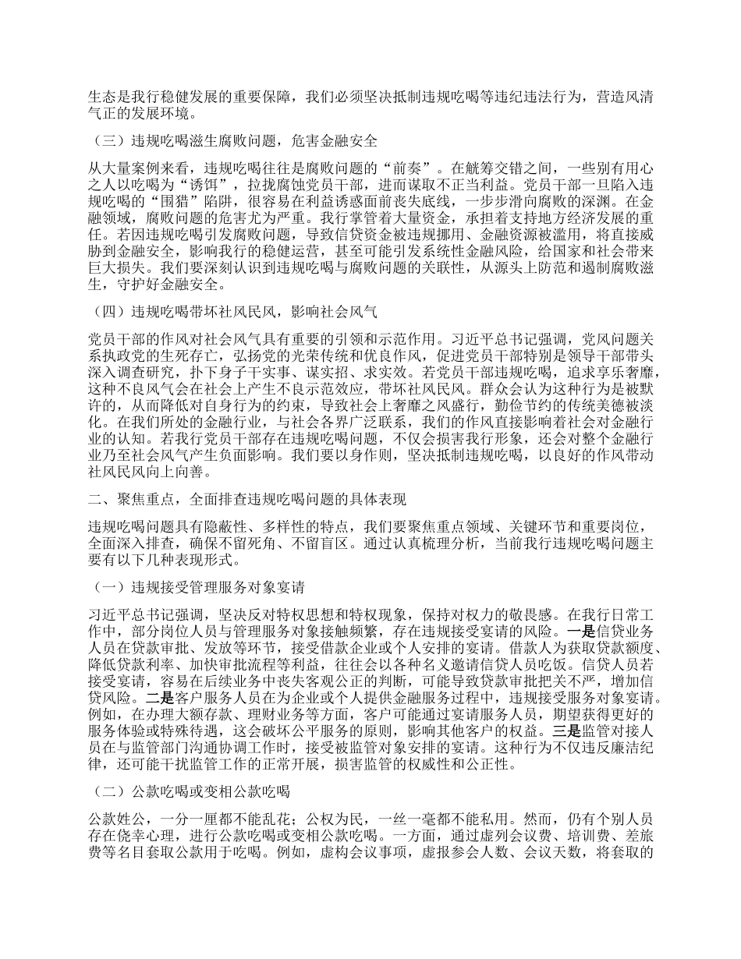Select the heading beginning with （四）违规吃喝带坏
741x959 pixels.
click(x=235, y=313)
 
